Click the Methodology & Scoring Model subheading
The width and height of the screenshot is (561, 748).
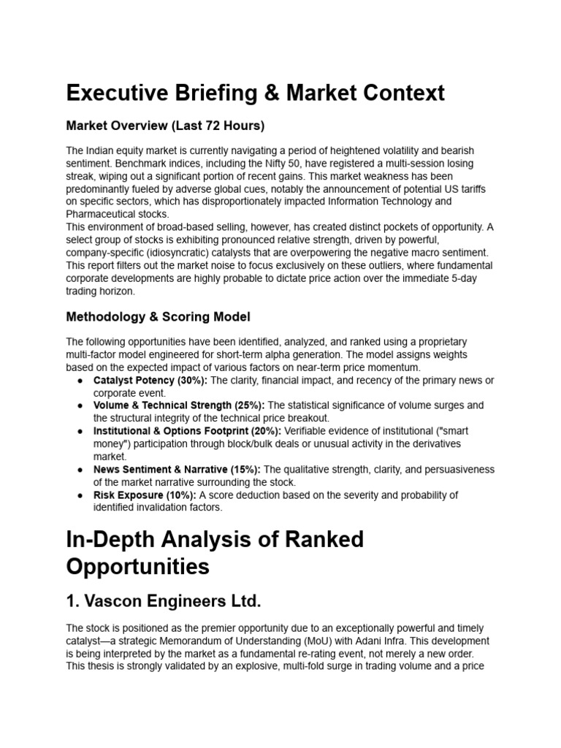(158, 317)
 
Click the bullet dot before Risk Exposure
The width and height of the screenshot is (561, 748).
(79, 495)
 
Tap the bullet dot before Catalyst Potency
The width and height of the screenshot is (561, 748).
(79, 381)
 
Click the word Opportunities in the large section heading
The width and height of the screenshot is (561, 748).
(138, 566)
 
